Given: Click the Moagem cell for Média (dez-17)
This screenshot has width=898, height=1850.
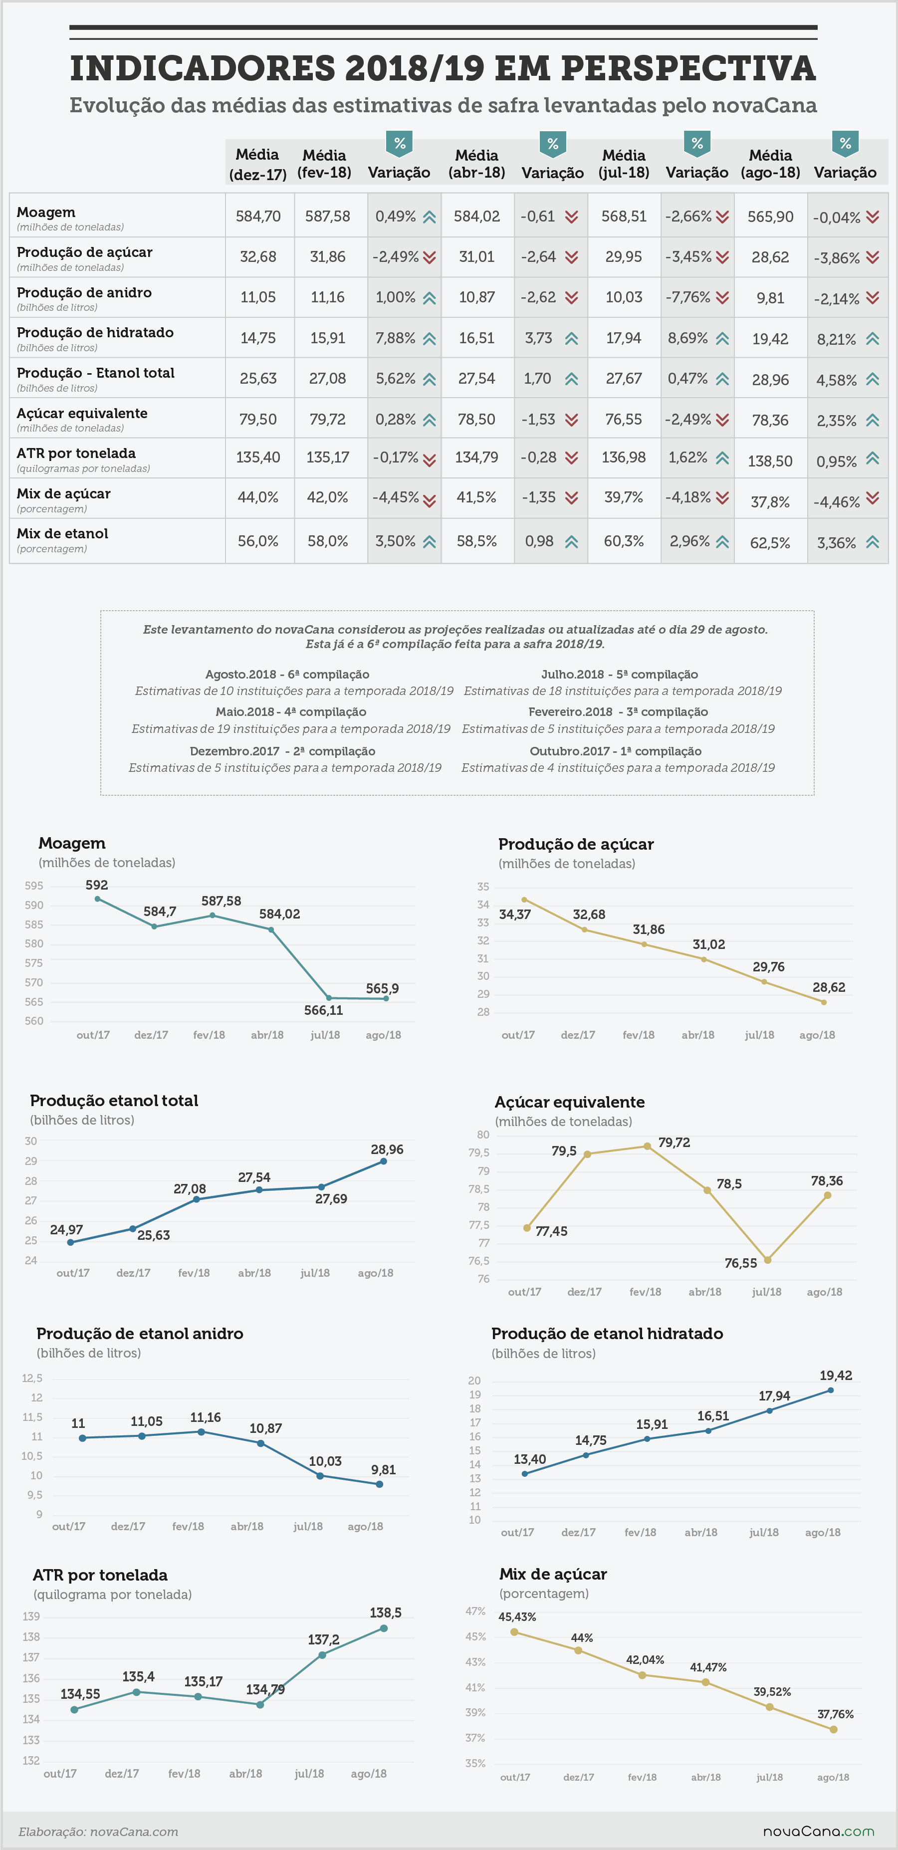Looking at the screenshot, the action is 258,216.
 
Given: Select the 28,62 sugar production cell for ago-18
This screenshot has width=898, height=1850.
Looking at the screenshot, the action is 770,257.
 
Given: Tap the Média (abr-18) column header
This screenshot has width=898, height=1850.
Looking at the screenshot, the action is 477,164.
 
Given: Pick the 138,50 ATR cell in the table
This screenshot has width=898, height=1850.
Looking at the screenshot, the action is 770,461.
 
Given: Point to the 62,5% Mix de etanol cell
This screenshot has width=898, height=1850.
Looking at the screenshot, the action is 770,543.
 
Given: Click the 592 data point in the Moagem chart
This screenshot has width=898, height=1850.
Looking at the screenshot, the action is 98,899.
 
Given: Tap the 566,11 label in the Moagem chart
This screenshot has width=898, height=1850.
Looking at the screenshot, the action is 323,1010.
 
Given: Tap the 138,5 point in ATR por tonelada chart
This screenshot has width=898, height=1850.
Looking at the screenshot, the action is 384,1628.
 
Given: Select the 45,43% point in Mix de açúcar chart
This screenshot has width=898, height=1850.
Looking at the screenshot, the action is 514,1631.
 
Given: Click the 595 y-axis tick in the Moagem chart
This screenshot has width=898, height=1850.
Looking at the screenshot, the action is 34,886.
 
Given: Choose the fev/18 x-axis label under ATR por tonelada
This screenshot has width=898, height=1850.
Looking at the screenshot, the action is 184,1773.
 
